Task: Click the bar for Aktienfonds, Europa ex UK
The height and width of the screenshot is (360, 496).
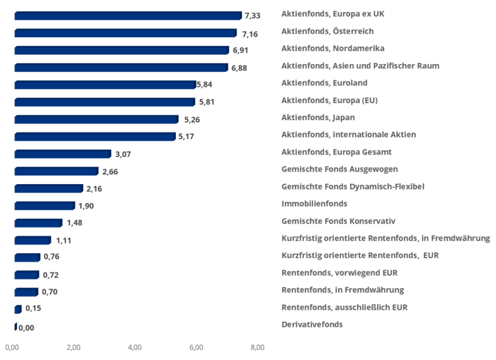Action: [x=128, y=16]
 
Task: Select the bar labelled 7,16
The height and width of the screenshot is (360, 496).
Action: [x=125, y=33]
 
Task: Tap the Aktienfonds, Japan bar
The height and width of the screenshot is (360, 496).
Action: [x=96, y=119]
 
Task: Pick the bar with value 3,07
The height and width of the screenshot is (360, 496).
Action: [x=63, y=154]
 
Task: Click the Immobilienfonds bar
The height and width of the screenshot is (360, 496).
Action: [x=45, y=206]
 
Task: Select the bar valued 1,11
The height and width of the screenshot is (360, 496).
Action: [x=32, y=240]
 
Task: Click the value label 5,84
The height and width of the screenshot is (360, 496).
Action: [x=204, y=84]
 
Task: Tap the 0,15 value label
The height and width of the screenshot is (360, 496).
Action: [x=33, y=308]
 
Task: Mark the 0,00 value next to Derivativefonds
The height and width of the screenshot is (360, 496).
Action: [x=26, y=328]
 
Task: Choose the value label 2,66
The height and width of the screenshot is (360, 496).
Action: [x=110, y=171]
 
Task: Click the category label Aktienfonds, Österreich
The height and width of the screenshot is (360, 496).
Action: [x=327, y=31]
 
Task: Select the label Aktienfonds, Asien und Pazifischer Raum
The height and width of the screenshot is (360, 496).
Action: [x=360, y=65]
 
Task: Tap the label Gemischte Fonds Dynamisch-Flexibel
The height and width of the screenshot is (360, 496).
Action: [x=353, y=187]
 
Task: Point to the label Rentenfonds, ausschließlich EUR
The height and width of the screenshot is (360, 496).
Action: [x=344, y=307]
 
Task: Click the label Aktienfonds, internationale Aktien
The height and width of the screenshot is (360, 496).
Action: [x=349, y=134]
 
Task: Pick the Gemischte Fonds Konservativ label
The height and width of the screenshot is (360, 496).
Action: [x=339, y=221]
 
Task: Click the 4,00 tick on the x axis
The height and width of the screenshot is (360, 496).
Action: [x=135, y=347]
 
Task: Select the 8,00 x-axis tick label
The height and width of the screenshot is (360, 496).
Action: [x=257, y=347]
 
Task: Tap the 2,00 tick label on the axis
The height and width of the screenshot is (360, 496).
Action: [x=73, y=347]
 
